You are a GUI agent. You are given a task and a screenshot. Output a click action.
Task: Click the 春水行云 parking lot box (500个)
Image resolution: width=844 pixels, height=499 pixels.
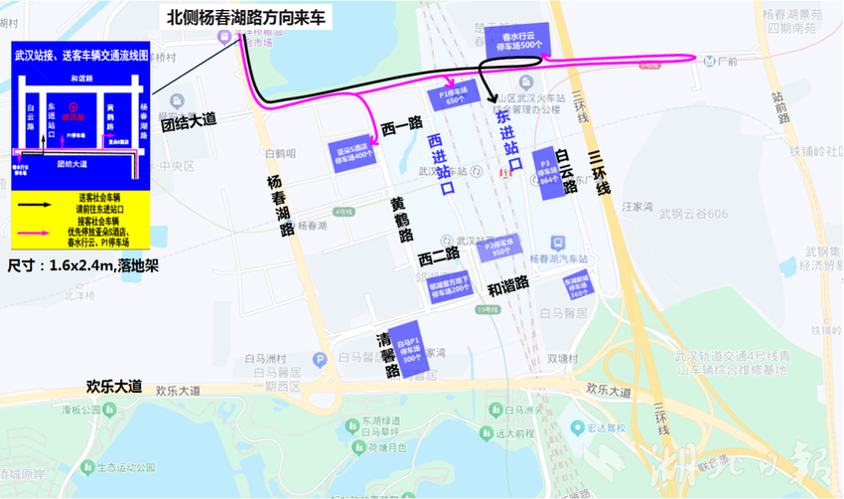(x=516, y=37)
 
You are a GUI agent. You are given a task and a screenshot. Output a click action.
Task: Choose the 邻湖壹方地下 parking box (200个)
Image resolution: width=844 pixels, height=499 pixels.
(x=450, y=287)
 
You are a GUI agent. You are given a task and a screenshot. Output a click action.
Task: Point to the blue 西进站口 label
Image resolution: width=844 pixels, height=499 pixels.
(x=439, y=164)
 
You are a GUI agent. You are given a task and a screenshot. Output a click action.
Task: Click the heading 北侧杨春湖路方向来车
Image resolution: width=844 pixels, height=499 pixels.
(x=245, y=17)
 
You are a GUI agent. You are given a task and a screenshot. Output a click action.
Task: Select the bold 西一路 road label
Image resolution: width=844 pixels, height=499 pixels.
(x=401, y=125)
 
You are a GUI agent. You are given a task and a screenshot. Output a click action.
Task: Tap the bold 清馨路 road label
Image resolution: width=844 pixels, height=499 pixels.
(x=383, y=353)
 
